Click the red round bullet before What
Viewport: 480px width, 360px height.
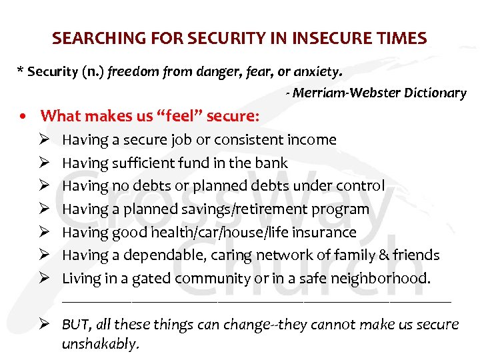(24, 116)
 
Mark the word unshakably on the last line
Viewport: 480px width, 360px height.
(100, 344)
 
